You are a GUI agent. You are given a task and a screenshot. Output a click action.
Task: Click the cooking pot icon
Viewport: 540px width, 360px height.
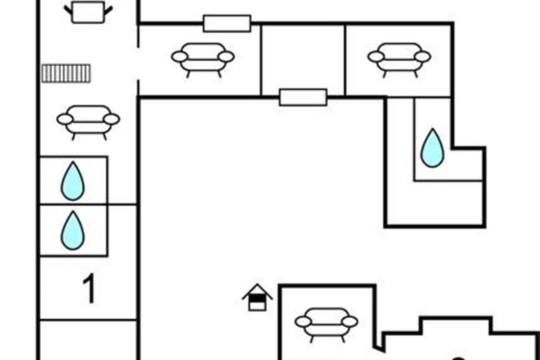coord(88,12)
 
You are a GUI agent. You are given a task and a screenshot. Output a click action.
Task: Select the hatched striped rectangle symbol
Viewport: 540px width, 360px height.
coord(66,73)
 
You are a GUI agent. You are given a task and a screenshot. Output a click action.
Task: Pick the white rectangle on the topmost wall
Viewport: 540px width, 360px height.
coord(227,23)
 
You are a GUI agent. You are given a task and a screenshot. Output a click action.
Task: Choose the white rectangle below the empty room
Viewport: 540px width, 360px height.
coord(303,97)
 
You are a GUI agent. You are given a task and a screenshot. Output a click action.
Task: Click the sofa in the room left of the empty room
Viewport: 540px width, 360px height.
coord(203,58)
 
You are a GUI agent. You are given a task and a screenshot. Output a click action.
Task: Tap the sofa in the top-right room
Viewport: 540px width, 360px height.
coord(399,58)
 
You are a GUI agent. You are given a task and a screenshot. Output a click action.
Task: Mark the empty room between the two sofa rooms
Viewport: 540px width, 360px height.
coord(303,58)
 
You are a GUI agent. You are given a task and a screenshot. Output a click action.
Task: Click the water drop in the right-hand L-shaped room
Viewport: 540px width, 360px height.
coord(432,148)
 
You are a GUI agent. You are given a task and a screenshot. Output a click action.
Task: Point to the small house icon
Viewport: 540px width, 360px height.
coord(257,297)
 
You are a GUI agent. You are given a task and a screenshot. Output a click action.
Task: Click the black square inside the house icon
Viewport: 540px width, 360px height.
coord(257,297)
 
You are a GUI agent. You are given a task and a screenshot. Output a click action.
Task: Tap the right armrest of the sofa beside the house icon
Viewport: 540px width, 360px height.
coord(350,322)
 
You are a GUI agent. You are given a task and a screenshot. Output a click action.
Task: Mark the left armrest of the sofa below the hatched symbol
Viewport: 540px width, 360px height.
coord(65,119)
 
